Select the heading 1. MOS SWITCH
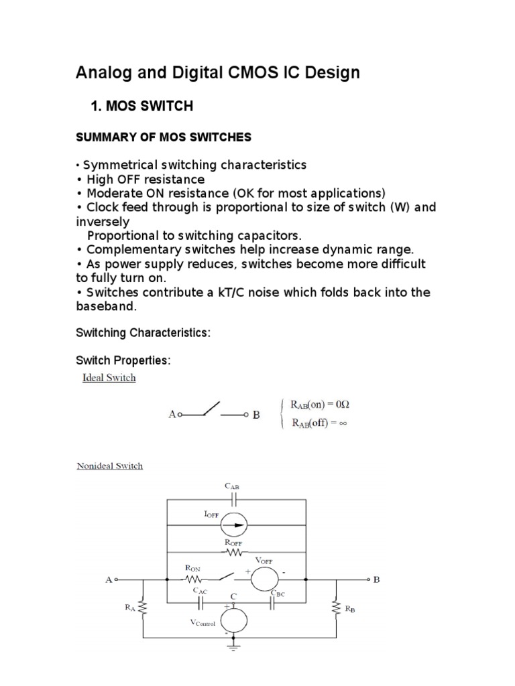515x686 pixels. [x=141, y=105]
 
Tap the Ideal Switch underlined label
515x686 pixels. [x=109, y=378]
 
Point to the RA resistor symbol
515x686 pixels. [x=144, y=608]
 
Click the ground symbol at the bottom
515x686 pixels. [x=234, y=647]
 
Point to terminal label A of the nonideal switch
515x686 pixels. [x=108, y=580]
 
